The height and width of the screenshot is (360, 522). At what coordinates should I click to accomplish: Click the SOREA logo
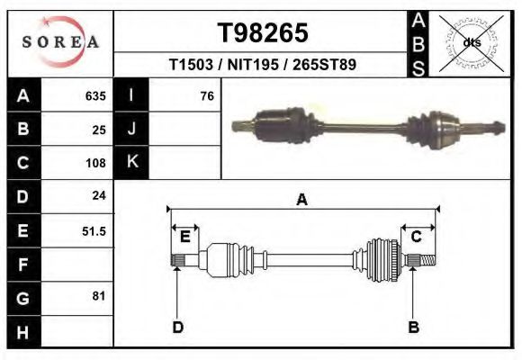tap(59, 42)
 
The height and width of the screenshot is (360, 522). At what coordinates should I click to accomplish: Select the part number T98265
tap(263, 33)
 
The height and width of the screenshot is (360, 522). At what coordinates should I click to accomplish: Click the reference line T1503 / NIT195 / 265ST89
tap(263, 66)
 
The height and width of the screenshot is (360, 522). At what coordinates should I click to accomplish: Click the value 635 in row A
tap(95, 96)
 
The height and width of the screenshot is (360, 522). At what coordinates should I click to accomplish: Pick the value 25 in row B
tap(99, 130)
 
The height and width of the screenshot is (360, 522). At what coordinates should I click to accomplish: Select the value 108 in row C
tap(95, 164)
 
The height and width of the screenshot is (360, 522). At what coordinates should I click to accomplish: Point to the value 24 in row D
tap(99, 196)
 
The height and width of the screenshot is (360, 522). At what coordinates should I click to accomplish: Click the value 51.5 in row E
tap(94, 231)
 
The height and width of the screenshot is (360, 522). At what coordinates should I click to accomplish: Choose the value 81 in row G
tap(99, 296)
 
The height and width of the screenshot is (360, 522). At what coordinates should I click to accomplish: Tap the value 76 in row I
tap(207, 96)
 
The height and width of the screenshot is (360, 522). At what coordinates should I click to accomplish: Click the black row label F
tap(22, 265)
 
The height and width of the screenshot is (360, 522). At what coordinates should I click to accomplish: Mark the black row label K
tap(132, 163)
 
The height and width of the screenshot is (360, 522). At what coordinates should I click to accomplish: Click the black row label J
tap(132, 130)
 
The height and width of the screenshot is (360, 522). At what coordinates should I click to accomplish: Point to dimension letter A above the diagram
tap(302, 200)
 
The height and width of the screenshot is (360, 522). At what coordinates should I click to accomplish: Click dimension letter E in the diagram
tap(184, 237)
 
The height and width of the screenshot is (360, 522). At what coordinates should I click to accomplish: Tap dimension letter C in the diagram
tap(417, 237)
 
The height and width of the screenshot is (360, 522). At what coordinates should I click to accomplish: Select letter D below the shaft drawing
tap(177, 327)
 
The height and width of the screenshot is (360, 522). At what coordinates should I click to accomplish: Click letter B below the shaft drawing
tap(414, 327)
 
